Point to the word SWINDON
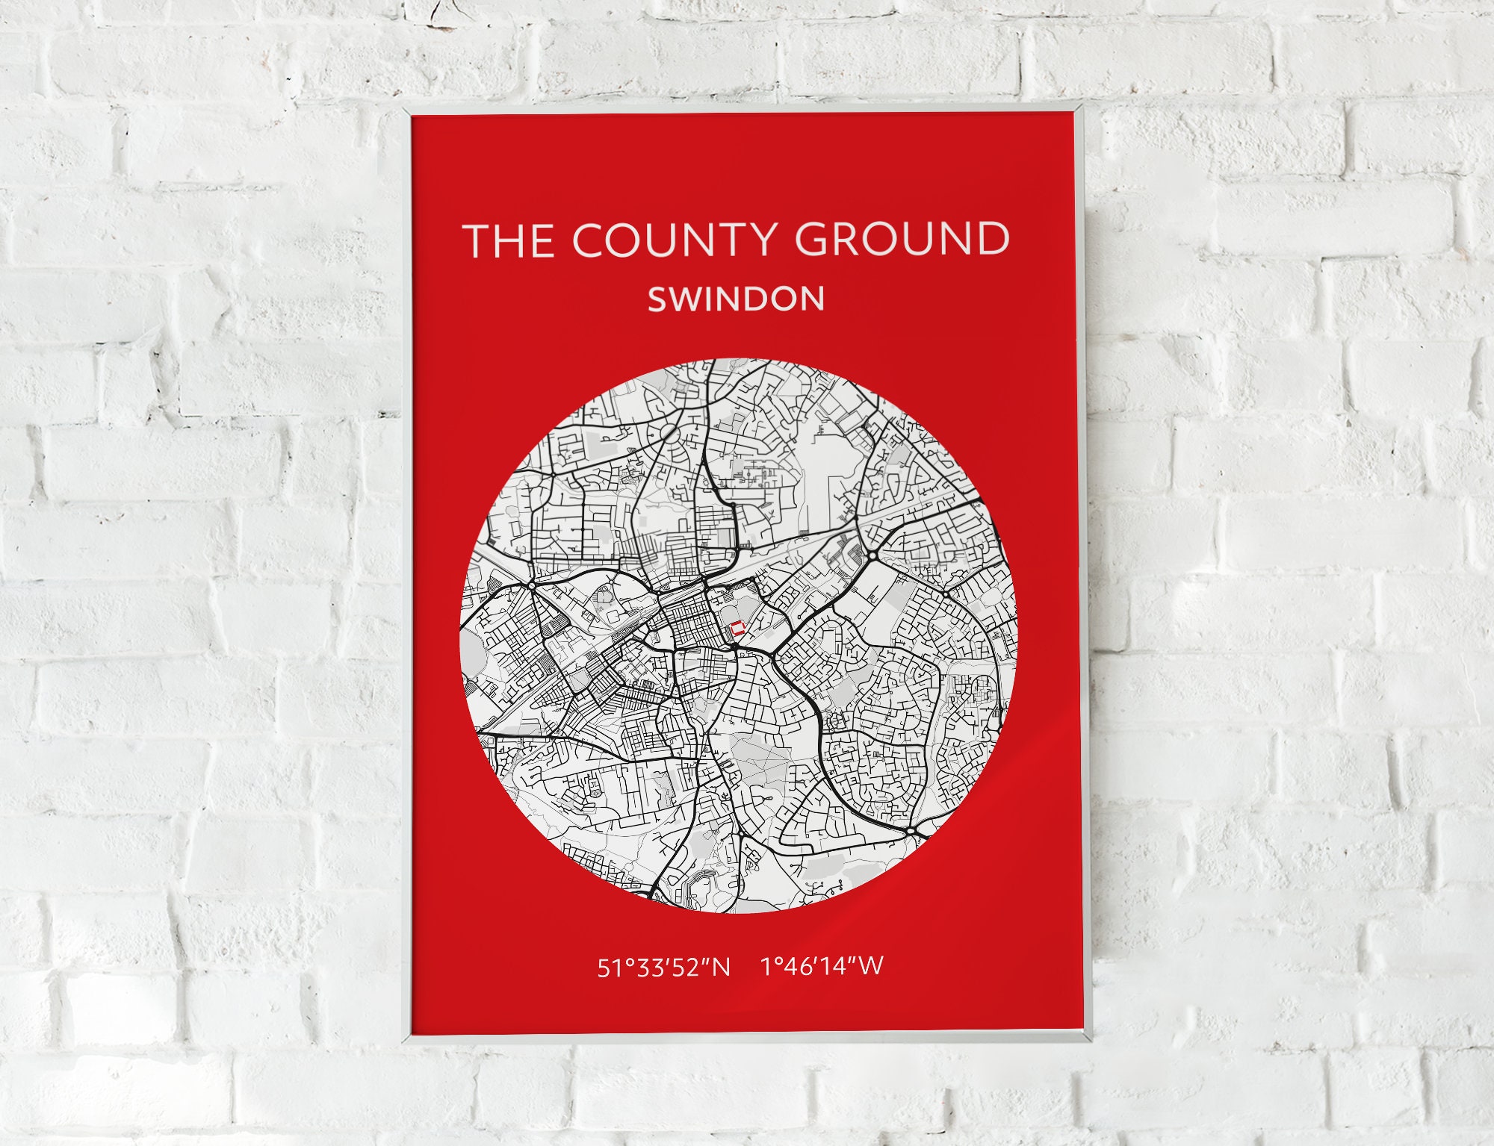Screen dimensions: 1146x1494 (736, 299)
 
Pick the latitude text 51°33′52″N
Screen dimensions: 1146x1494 (663, 968)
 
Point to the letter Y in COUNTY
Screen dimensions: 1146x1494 (757, 240)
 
